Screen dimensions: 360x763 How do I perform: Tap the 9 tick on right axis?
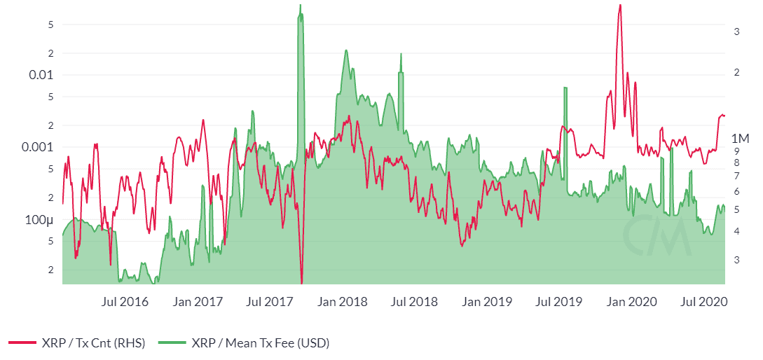pyautogui.click(x=737, y=150)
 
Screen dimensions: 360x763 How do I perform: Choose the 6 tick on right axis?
pyautogui.click(x=737, y=191)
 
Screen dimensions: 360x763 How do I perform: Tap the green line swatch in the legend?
pyautogui.click(x=171, y=342)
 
